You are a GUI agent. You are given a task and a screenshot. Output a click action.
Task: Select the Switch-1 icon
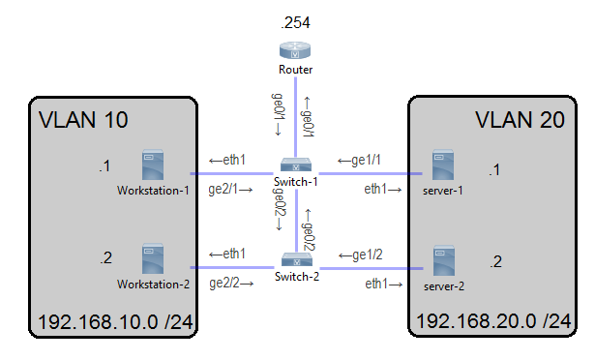click(x=295, y=165)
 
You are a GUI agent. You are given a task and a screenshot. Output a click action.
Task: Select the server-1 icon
click(x=443, y=165)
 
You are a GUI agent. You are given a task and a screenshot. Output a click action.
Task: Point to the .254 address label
click(x=294, y=20)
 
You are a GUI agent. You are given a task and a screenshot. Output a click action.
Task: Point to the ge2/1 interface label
click(x=230, y=191)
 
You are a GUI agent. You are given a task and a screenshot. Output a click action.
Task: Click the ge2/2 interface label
click(x=230, y=284)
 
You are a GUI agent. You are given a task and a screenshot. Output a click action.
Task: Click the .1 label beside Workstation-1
click(x=105, y=167)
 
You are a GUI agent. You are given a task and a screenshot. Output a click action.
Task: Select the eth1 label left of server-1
click(x=384, y=191)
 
